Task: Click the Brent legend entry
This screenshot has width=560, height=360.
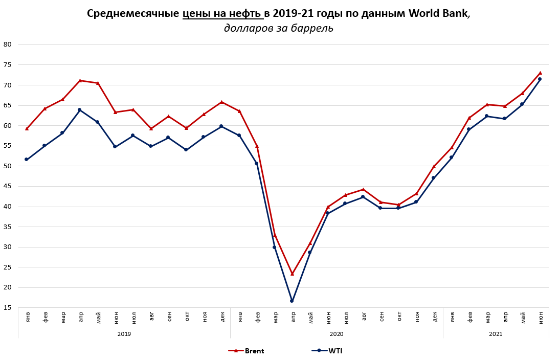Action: pos(247,351)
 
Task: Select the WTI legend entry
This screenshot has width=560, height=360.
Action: pos(327,351)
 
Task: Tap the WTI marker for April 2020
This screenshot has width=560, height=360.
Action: pos(292,301)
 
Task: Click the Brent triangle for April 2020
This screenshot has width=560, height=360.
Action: pos(292,274)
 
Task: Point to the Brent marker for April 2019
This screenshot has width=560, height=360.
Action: pos(80,80)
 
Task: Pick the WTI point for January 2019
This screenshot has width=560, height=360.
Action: pos(27,160)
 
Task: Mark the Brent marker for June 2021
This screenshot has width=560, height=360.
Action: pos(540,73)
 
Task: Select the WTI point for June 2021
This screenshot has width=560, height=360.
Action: pos(540,79)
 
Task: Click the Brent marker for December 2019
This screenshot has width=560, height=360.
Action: pos(221,102)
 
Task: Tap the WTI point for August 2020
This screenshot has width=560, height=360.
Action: pos(363,197)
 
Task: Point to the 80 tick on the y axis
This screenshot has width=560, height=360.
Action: pos(8,44)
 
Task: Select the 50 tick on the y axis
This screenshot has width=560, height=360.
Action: pos(8,166)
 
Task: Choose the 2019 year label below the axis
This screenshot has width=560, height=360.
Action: pos(124,334)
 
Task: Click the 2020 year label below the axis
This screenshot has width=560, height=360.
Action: pos(337,334)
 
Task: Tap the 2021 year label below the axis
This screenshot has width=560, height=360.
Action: pos(496,334)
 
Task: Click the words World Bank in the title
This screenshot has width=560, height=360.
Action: pos(438,14)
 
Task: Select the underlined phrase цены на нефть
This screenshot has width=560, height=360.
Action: pos(222,14)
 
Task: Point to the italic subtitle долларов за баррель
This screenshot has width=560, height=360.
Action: pos(279,29)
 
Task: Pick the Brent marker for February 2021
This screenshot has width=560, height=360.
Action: pos(469,118)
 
